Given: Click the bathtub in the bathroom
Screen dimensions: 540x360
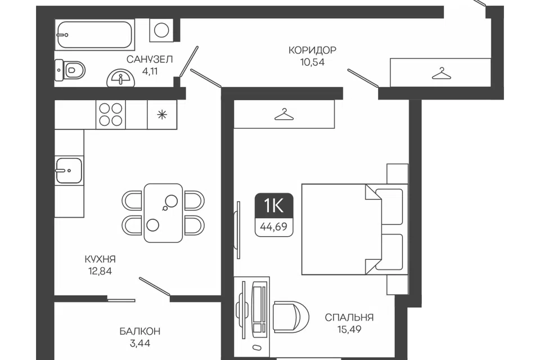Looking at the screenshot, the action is [94, 34].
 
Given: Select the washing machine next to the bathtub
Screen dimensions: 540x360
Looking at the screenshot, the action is [161, 30].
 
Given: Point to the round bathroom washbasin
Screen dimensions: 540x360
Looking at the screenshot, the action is [121, 78].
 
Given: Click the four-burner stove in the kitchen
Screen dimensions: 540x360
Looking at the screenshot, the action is [111, 114].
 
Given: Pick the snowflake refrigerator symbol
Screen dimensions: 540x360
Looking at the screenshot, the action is [162, 114].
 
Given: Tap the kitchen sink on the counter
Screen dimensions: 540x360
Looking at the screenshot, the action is [69, 170].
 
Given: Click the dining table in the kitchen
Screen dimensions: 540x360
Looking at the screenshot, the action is [163, 213].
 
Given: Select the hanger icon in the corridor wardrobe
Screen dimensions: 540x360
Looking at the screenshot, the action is [442, 73].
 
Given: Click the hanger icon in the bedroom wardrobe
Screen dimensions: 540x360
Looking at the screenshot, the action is [284, 114].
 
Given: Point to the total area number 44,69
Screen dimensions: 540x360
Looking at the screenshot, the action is [274, 227].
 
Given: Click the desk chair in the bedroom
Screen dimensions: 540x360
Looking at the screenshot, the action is [291, 317].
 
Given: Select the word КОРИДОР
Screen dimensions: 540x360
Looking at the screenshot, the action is [312, 50].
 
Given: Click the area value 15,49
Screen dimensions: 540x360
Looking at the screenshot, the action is [349, 329].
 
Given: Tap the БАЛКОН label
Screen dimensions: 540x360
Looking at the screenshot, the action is [140, 331].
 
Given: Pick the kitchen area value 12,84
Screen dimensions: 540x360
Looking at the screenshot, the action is [100, 271].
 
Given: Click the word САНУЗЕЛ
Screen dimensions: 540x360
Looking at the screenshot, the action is [150, 59].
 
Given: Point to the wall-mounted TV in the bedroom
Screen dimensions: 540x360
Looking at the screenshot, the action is [237, 229].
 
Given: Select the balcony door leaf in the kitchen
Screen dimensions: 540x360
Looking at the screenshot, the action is [155, 286].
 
